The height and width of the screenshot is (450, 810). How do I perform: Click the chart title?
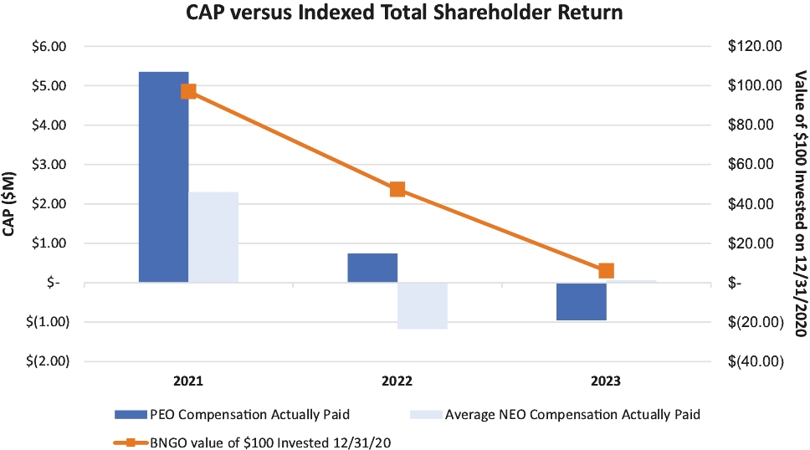[x=405, y=13]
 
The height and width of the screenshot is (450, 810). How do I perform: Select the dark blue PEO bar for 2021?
[x=163, y=177]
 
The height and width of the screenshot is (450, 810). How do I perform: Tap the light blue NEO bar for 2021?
[x=213, y=238]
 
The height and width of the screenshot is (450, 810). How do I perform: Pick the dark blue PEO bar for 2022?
[x=372, y=268]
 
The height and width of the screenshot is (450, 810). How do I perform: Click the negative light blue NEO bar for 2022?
[x=423, y=305]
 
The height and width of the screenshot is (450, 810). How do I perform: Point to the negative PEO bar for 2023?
[x=582, y=301]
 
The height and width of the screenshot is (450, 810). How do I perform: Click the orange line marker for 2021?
[x=188, y=91]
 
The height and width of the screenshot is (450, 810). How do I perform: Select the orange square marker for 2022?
[x=397, y=189]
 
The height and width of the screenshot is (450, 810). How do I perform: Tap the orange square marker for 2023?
[x=607, y=270]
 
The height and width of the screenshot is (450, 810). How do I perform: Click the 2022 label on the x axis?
[x=397, y=381]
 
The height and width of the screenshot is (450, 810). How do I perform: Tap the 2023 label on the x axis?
[x=607, y=381]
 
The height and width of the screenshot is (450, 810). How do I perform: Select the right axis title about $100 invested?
[x=797, y=203]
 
